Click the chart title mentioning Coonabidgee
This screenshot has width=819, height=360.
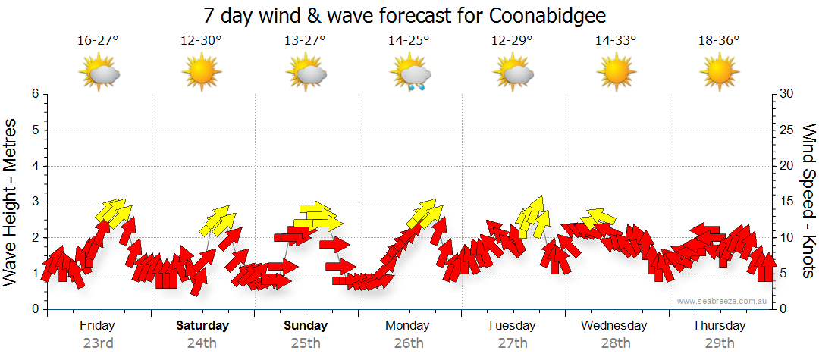point(405,16)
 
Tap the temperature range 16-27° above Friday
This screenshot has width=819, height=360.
point(98,41)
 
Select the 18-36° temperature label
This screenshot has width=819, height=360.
point(719,41)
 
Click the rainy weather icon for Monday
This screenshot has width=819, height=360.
point(410,74)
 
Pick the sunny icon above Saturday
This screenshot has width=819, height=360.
point(202,74)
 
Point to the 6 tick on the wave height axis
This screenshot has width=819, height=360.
point(35,94)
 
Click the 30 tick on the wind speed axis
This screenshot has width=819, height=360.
point(787,94)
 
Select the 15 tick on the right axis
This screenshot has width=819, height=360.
point(787,202)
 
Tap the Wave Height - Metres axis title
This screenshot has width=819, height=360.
point(11,202)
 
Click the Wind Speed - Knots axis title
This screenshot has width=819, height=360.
point(808,202)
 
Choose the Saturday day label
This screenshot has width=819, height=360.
point(202,326)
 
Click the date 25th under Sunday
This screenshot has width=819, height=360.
point(306,343)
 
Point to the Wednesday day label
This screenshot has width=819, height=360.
point(614,326)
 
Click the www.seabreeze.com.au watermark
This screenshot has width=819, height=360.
point(723,301)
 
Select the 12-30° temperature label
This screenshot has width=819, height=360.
point(201,41)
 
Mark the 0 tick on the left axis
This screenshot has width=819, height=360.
point(35,309)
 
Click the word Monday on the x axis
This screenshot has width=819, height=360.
point(408,326)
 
